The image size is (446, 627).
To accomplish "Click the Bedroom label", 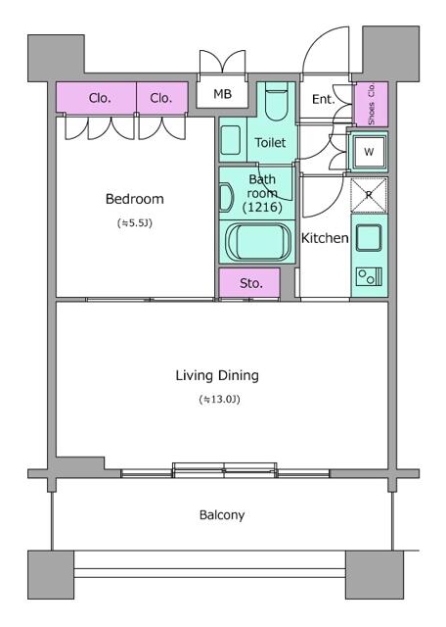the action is (135, 199).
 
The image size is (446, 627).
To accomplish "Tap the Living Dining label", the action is (217, 375).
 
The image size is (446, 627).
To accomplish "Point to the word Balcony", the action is (222, 515).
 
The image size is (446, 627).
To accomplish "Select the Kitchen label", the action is (325, 238).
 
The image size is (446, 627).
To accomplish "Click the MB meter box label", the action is (222, 94).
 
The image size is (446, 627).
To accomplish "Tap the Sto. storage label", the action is (251, 283).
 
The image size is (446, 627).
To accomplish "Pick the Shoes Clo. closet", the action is (372, 104).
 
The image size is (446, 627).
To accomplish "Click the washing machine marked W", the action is (369, 152).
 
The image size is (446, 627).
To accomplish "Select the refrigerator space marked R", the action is (369, 195).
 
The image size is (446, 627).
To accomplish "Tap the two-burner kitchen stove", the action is (369, 276).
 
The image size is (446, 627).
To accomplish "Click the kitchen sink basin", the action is (369, 237).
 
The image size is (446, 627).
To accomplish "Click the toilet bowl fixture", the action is (276, 102).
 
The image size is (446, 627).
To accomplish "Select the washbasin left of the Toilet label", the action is (231, 140).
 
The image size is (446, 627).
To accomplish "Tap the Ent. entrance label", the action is (324, 99).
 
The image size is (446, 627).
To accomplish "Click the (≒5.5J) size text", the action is (135, 223).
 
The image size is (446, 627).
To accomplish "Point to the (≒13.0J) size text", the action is (220, 399).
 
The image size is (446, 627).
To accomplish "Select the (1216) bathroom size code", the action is (262, 207).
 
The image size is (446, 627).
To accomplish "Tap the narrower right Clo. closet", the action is (162, 98).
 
